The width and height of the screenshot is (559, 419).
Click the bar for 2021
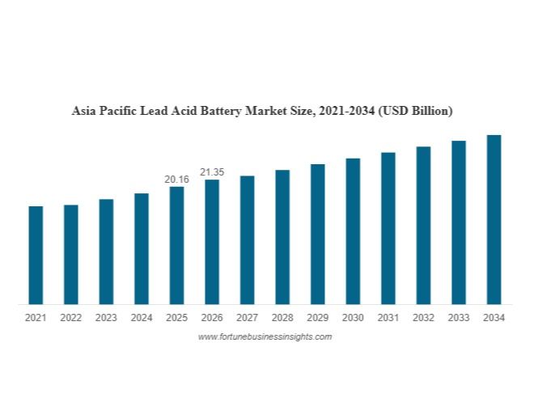(x=36, y=255)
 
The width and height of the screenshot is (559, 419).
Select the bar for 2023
(x=106, y=252)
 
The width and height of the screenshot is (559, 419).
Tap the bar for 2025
(x=176, y=245)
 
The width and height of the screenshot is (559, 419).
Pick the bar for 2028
(x=282, y=237)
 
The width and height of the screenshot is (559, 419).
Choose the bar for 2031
(x=388, y=228)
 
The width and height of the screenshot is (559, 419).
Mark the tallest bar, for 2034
(x=493, y=219)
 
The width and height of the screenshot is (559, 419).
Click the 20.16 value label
(x=176, y=179)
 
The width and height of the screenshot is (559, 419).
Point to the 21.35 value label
(x=212, y=171)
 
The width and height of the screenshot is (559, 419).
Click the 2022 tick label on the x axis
(x=71, y=318)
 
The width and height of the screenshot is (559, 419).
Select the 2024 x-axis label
(x=142, y=318)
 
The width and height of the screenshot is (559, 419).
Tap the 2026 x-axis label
(x=212, y=318)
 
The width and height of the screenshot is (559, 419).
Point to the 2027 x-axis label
(x=247, y=318)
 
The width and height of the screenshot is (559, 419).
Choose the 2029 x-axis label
(x=318, y=318)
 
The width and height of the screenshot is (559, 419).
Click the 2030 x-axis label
(x=353, y=318)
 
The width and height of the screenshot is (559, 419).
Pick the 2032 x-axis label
(x=423, y=318)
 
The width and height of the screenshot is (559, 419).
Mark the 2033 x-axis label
(x=459, y=318)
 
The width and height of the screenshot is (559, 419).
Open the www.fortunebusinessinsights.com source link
(x=265, y=336)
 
